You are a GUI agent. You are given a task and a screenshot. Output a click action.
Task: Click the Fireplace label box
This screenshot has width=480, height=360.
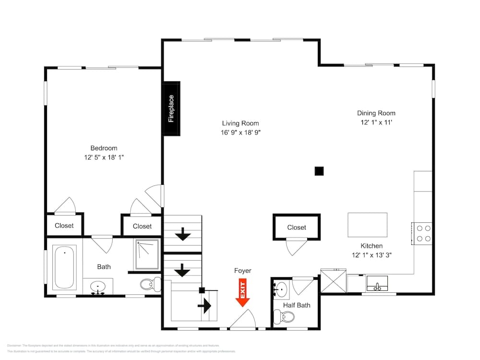171,109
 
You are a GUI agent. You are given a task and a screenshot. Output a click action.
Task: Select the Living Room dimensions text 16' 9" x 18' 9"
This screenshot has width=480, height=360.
241,132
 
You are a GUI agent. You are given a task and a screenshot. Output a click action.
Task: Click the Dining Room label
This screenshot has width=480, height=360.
376,113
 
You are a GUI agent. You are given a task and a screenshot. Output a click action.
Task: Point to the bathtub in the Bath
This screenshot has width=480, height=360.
64,267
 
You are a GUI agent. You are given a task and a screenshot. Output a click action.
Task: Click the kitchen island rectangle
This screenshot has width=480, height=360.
367,225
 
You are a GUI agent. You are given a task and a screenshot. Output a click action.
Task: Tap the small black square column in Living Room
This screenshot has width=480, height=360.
318,170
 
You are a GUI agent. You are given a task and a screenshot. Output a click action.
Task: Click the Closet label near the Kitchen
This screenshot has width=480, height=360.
296,227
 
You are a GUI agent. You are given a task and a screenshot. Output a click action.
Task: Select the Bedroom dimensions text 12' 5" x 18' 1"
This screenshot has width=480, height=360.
104,157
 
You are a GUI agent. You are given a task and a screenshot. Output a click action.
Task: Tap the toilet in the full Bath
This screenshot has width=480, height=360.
151,284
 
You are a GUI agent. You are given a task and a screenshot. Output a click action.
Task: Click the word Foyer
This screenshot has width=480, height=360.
242,271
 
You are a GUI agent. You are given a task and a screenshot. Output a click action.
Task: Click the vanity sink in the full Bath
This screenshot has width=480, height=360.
98,288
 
